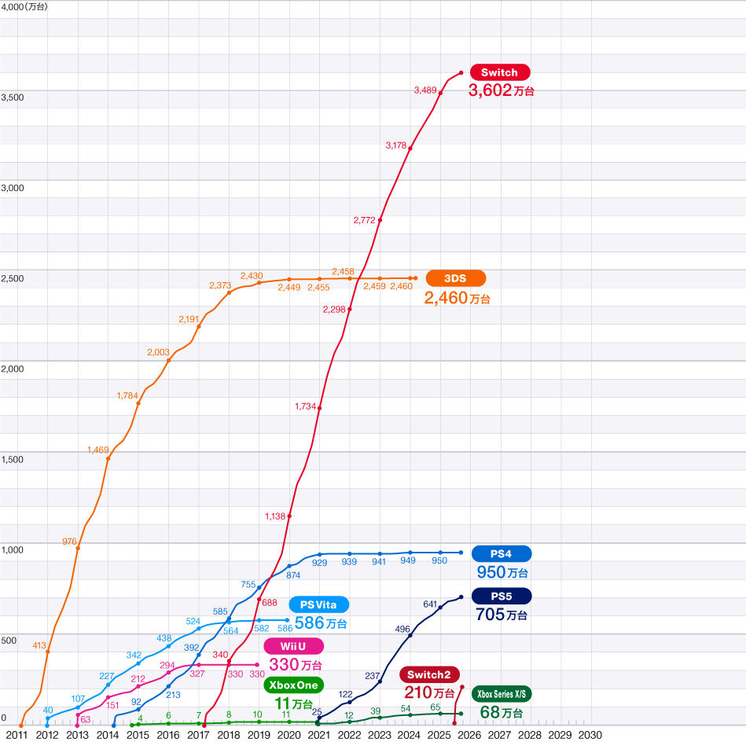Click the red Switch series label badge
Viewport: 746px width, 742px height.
[x=500, y=72]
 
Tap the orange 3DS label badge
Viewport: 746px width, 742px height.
[x=456, y=278]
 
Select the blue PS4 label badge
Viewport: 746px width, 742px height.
[x=502, y=553]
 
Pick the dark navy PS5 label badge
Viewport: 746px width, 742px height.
[x=502, y=596]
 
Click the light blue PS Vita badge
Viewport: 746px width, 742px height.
[x=319, y=605]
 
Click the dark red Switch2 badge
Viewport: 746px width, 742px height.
[x=429, y=675]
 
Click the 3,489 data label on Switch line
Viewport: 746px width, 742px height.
[x=424, y=90]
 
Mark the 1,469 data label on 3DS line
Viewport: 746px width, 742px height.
[x=99, y=450]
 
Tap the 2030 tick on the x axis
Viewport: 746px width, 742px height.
[x=590, y=735]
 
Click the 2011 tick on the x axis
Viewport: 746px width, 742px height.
[x=17, y=735]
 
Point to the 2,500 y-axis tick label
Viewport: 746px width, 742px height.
[x=13, y=278]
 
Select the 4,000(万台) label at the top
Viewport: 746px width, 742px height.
[x=24, y=6]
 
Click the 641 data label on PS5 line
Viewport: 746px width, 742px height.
[x=430, y=604]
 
